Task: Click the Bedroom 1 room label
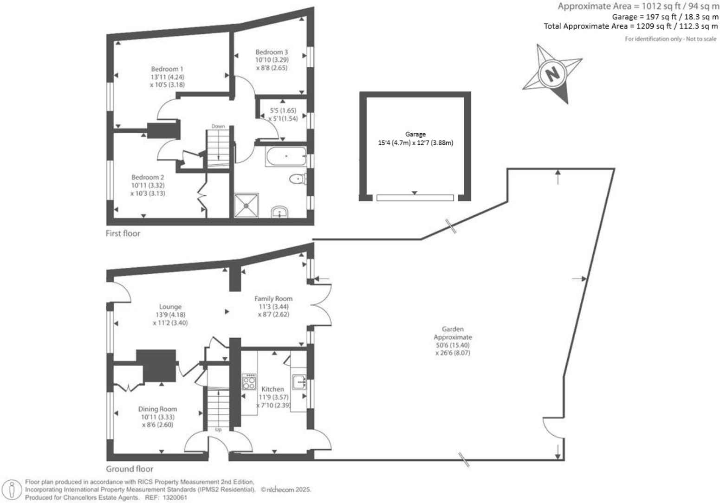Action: point(167,69)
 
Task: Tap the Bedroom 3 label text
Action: point(272,52)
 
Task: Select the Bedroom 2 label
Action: point(148,177)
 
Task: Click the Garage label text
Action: point(415,134)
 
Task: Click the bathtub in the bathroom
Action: point(285,156)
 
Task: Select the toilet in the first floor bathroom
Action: point(297,179)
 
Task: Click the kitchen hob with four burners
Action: point(249,382)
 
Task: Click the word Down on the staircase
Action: point(218,126)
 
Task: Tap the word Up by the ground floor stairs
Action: point(218,430)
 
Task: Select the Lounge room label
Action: point(170,307)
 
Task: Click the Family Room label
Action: point(273,298)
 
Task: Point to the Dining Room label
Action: point(157,409)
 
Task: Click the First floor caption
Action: point(123,233)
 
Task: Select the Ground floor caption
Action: point(129,469)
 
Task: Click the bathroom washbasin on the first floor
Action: point(279,212)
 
